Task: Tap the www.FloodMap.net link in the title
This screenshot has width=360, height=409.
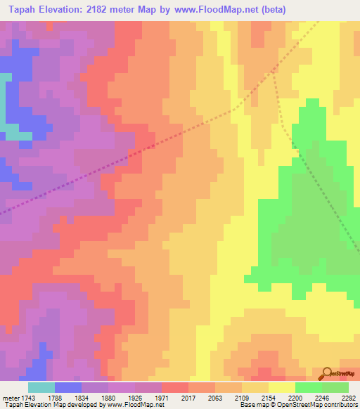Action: [219, 9]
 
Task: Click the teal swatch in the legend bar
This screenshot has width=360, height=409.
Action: [41, 387]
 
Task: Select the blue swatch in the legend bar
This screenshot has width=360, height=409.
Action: [68, 387]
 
